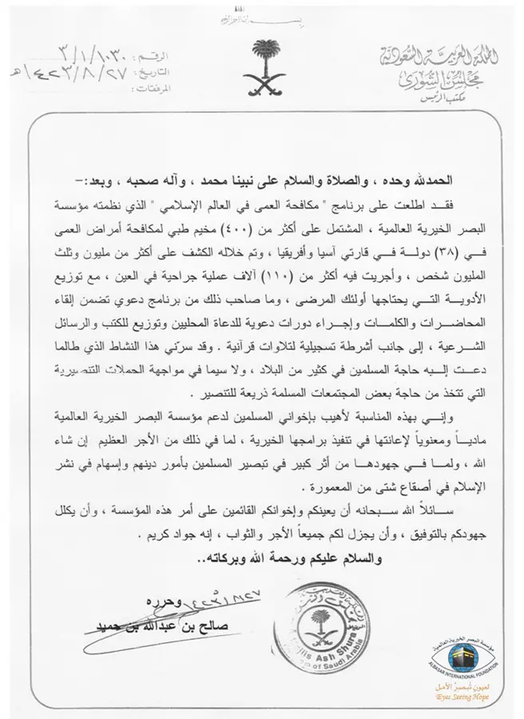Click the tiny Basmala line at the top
coord(261,18)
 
